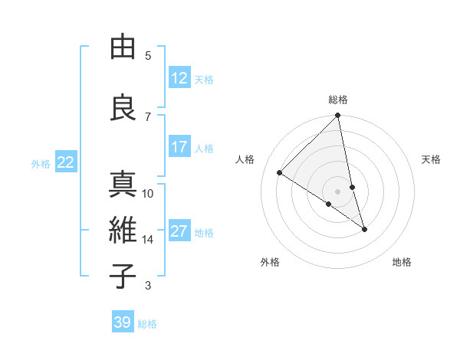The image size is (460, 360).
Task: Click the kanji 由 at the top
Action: [123, 47]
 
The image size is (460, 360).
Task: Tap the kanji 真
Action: [123, 185]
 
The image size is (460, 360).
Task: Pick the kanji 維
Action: [123, 231]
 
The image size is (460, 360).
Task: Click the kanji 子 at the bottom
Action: [123, 276]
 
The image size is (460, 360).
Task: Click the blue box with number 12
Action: [179, 79]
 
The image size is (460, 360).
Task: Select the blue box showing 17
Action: [179, 148]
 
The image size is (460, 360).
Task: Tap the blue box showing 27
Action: [179, 232]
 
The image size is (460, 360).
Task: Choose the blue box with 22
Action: [66, 162]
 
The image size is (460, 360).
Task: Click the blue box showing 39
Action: [122, 322]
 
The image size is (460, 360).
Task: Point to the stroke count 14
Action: [147, 240]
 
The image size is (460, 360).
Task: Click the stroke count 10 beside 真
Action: [148, 193]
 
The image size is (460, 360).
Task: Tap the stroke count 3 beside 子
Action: [148, 286]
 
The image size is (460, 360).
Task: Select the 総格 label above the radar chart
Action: [338, 100]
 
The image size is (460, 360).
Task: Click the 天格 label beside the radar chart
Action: [432, 159]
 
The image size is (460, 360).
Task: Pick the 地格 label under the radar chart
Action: [402, 262]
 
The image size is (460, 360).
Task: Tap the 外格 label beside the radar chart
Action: [270, 262]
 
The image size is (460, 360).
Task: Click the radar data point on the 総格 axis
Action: [338, 116]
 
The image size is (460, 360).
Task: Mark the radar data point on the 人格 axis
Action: [280, 173]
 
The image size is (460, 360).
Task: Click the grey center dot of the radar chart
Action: [338, 191]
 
